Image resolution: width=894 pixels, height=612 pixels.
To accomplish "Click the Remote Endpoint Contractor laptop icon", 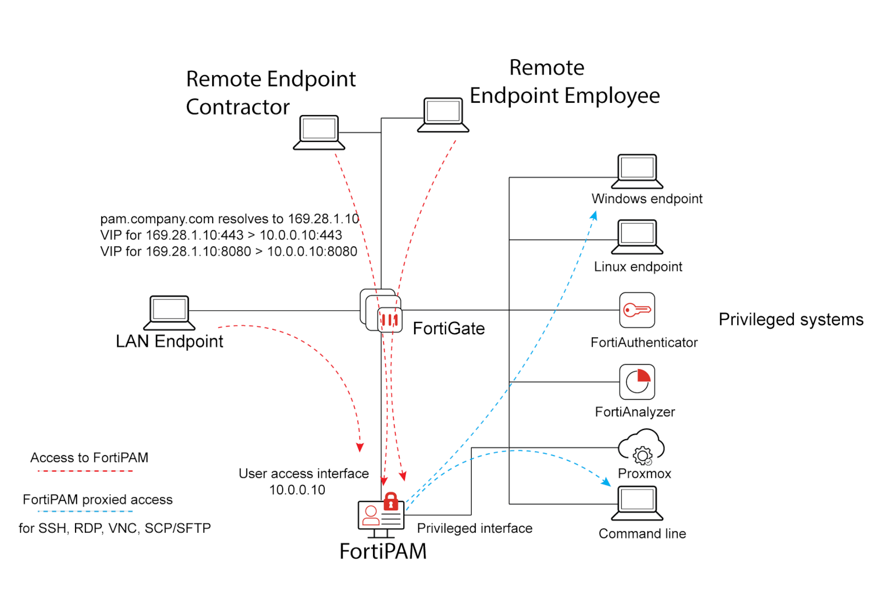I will pyautogui.click(x=319, y=132).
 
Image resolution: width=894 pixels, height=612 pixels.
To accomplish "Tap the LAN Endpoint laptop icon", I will pyautogui.click(x=169, y=313).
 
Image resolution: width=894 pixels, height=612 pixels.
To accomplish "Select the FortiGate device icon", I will pyautogui.click(x=381, y=311).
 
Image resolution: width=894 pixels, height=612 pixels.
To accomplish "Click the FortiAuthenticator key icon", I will pyautogui.click(x=637, y=310).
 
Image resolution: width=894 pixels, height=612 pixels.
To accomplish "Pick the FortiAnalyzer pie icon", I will pyautogui.click(x=637, y=382).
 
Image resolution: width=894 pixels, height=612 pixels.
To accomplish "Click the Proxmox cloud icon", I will pyautogui.click(x=641, y=447).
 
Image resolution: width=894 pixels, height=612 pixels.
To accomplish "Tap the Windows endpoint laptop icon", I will pyautogui.click(x=637, y=171).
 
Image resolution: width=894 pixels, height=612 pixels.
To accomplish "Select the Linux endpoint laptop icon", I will pyautogui.click(x=637, y=237).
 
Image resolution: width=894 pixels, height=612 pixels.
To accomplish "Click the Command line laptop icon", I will pyautogui.click(x=637, y=503).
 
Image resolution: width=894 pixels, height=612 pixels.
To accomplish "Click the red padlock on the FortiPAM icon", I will pyautogui.click(x=391, y=501).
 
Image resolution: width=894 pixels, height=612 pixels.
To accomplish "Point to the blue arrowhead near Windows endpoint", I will pyautogui.click(x=594, y=216).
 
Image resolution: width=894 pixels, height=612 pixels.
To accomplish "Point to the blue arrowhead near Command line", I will pyautogui.click(x=607, y=482).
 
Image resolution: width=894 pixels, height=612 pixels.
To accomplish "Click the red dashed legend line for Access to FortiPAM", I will pyautogui.click(x=85, y=471).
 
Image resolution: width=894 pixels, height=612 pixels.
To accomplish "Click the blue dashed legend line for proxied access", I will pyautogui.click(x=85, y=511).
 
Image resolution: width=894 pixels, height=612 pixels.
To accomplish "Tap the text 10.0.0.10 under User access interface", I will pyautogui.click(x=297, y=490).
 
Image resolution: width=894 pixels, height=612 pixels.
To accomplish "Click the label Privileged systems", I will pyautogui.click(x=791, y=319).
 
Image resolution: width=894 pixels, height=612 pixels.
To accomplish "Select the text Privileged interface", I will pyautogui.click(x=474, y=528).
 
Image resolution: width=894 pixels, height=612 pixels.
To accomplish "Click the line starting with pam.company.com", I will pyautogui.click(x=229, y=219).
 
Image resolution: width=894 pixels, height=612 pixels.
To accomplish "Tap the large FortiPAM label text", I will pyautogui.click(x=383, y=551).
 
